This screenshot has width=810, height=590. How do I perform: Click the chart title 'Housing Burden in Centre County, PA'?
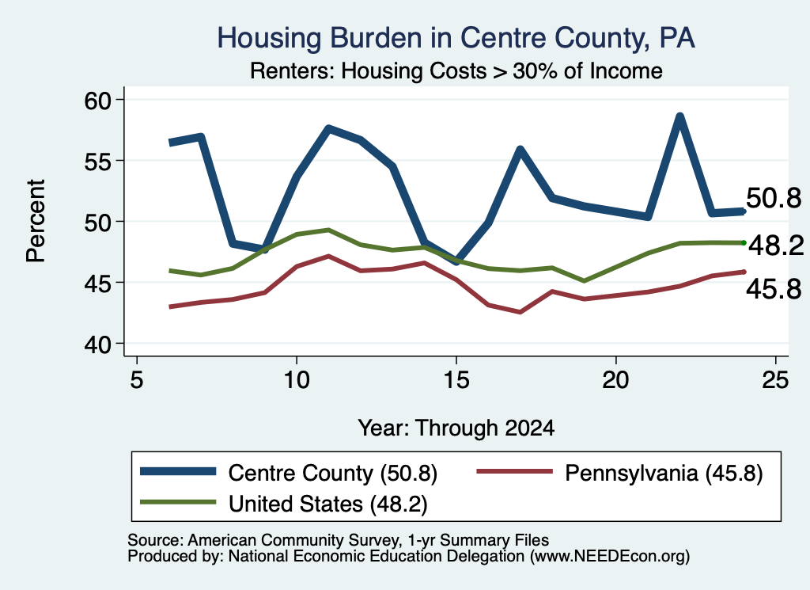click(456, 38)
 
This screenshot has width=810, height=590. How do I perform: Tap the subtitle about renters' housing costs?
click(456, 70)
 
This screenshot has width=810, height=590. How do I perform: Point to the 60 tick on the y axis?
click(97, 100)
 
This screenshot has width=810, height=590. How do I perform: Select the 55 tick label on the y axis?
click(97, 161)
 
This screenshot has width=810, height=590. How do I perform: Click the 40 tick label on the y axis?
click(97, 344)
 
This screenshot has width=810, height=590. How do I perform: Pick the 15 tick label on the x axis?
click(456, 380)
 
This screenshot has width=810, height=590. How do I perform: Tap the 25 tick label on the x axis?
click(776, 380)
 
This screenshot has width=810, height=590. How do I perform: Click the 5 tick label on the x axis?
click(136, 380)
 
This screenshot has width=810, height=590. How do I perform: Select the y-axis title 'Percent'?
click(36, 221)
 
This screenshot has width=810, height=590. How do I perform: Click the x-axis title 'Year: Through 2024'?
click(456, 428)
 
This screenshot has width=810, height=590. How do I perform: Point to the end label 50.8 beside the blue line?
click(774, 198)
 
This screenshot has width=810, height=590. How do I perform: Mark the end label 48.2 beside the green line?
click(777, 245)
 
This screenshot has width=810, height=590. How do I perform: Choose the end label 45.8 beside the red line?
click(774, 288)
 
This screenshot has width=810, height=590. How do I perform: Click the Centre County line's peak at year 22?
click(679, 116)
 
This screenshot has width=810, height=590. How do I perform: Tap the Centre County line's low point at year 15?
click(456, 261)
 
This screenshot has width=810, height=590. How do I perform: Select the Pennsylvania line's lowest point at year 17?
click(520, 312)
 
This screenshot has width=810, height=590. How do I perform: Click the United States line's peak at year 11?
click(328, 230)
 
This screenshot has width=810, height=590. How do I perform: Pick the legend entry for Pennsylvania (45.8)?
click(619, 473)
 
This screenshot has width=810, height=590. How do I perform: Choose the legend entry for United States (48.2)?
click(284, 504)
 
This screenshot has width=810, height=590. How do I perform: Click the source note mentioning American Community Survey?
click(339, 540)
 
